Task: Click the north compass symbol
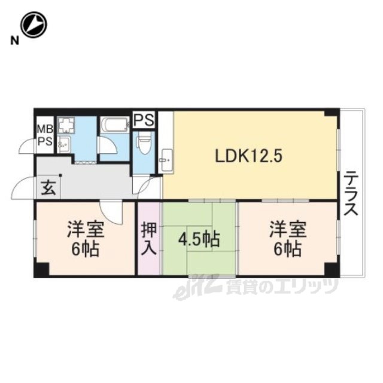34,25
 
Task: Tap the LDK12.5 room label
248,156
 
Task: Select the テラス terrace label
351,194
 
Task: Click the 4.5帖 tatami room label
199,239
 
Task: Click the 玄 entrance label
48,188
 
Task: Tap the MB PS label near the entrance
45,135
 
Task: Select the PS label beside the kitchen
144,120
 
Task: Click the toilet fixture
144,144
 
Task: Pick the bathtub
115,125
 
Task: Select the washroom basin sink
64,144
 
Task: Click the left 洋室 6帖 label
86,239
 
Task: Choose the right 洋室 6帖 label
288,239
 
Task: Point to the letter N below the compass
14,41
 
